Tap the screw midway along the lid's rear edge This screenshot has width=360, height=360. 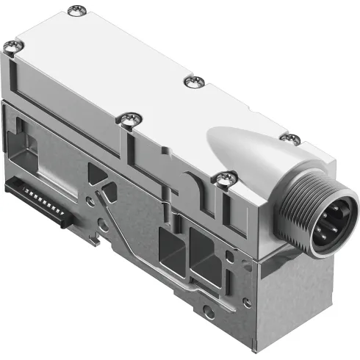tap(194, 80)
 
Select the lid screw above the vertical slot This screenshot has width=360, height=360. tap(129, 117)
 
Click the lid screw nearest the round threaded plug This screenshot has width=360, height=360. tap(222, 177)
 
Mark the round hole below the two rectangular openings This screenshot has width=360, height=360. tap(209, 312)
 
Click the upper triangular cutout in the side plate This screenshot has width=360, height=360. tap(98, 174)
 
